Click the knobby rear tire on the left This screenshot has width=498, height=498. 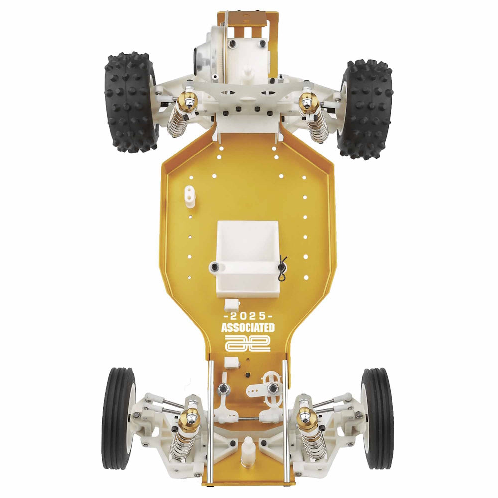(131, 102)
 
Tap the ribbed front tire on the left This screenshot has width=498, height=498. (119, 418)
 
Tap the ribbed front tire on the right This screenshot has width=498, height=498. (377, 418)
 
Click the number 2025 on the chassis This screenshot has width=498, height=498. (248, 317)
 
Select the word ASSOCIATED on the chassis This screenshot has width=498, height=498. (248, 328)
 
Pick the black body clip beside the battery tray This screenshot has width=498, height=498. (282, 268)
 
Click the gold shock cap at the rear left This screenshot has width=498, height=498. (188, 100)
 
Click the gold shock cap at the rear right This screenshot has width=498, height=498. (307, 102)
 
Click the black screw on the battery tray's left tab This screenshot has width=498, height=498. (215, 267)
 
